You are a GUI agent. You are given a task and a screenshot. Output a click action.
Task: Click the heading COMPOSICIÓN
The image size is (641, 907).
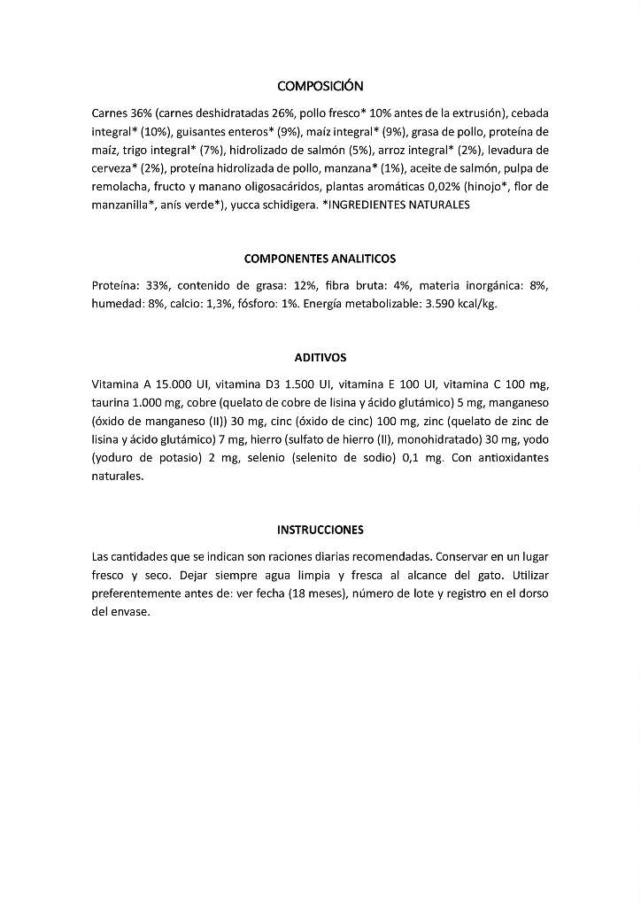point(320,86)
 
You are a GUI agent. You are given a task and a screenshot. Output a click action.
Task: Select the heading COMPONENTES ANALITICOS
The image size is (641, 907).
point(320,259)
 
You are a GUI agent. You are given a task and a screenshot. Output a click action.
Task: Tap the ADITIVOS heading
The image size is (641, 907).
point(320,358)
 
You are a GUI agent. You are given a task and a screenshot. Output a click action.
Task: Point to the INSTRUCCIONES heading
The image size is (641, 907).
point(320,530)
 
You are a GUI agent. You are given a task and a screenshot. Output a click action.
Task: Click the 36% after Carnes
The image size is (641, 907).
point(141,113)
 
